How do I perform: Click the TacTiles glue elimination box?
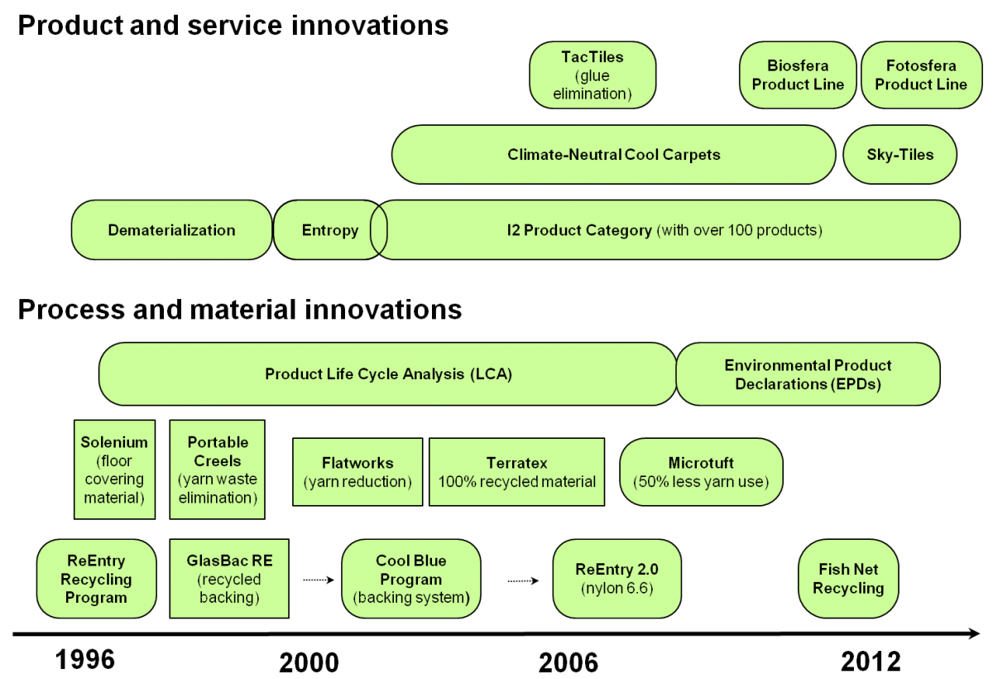(x=592, y=75)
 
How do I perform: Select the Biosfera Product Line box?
(x=798, y=75)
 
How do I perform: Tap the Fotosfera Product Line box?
(x=921, y=75)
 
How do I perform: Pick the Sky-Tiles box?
(x=900, y=154)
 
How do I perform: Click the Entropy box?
(x=330, y=229)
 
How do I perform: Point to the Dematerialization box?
(x=171, y=229)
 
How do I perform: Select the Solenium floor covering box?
(x=114, y=470)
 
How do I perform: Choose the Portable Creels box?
(x=217, y=470)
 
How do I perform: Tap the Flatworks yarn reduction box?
(x=357, y=472)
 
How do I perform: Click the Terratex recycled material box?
(x=516, y=472)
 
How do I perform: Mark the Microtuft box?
(x=701, y=472)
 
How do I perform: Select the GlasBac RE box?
(x=229, y=578)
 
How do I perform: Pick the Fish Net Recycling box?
(x=848, y=578)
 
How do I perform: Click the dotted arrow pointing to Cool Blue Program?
(x=319, y=580)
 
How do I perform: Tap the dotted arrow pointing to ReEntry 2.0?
(x=523, y=580)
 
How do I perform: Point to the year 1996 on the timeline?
(x=84, y=659)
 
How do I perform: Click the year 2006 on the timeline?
(x=568, y=662)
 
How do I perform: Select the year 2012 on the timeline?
(x=871, y=662)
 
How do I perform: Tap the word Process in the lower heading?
(x=71, y=309)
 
